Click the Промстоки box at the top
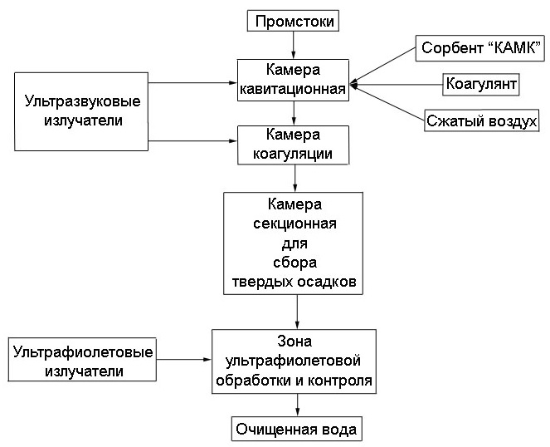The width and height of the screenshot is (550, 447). [294, 20]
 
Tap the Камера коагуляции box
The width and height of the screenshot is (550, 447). [293, 144]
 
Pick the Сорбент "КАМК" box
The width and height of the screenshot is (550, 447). [480, 48]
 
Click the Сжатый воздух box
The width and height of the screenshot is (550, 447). [481, 121]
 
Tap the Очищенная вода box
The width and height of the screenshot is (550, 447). [296, 430]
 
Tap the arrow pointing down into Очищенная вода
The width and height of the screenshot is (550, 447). [297, 405]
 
